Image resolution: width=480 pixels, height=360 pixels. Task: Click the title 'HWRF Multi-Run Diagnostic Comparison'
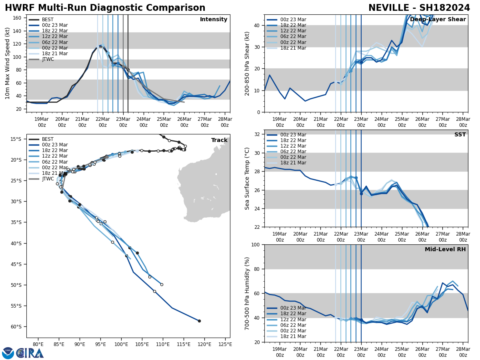(x=105, y=8)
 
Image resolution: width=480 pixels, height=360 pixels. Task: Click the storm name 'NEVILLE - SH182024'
(x=419, y=8)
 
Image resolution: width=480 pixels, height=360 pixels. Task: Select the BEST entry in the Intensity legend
(x=48, y=20)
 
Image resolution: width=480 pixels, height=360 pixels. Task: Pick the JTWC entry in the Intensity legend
(x=48, y=59)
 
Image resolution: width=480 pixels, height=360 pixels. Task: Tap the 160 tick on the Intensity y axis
(x=18, y=18)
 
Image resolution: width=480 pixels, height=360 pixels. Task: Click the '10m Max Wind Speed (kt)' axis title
(x=7, y=63)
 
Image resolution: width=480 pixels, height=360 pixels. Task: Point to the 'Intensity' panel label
(x=214, y=20)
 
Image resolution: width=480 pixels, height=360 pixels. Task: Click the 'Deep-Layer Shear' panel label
(x=438, y=20)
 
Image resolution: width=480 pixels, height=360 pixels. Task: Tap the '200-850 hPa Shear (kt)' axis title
(x=248, y=63)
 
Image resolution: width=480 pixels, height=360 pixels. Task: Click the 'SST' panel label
(x=460, y=135)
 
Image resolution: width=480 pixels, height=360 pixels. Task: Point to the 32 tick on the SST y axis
(x=258, y=134)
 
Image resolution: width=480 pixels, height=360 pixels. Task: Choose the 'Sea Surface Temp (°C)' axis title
(x=248, y=178)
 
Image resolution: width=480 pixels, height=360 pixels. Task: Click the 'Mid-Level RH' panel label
(x=445, y=250)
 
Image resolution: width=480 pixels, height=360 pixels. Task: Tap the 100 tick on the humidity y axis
(x=256, y=245)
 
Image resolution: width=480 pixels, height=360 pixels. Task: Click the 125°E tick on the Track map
(x=225, y=344)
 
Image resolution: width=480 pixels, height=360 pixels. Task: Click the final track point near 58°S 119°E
(x=199, y=321)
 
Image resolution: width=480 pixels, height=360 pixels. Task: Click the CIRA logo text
(x=30, y=353)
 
